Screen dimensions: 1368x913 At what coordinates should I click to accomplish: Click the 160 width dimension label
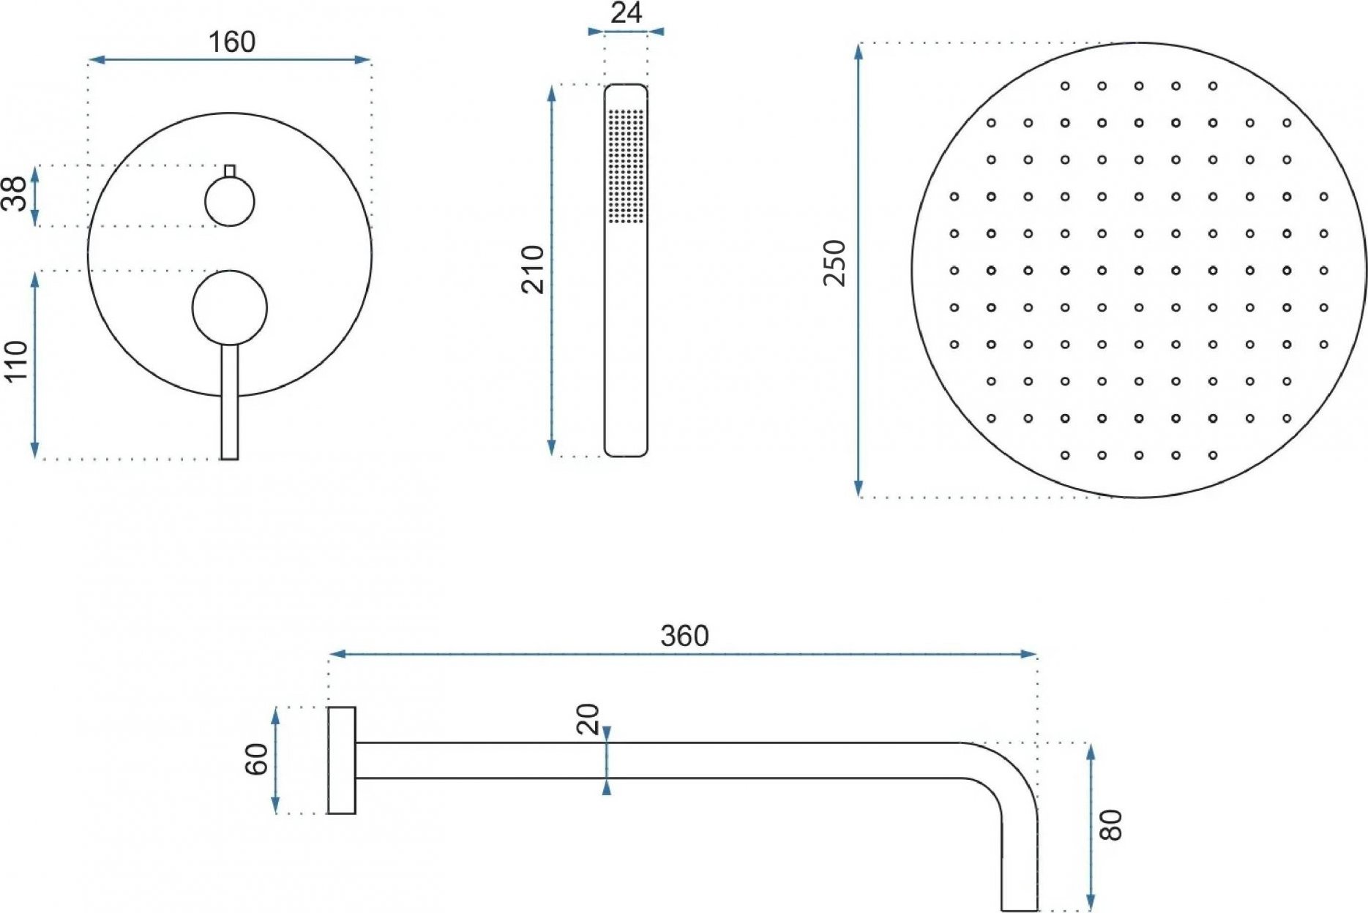(232, 42)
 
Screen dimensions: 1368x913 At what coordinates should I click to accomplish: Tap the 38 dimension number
(15, 193)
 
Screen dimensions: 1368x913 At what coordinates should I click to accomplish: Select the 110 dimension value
(16, 361)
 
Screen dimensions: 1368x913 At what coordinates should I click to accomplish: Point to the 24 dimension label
(627, 13)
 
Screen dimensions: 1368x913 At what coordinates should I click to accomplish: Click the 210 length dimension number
(533, 270)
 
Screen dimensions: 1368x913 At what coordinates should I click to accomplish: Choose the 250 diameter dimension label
(834, 263)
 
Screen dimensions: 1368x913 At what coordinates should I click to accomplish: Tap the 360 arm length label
(684, 636)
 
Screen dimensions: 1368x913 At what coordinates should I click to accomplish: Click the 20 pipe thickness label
(588, 719)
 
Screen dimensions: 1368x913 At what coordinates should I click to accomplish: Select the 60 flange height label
(256, 759)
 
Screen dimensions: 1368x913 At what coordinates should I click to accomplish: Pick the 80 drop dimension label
(1110, 825)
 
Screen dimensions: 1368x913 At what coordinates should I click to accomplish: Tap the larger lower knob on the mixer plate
(230, 307)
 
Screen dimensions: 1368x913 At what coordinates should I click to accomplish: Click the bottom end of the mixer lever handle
(230, 458)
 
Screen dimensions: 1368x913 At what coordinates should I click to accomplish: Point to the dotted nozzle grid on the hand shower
(627, 165)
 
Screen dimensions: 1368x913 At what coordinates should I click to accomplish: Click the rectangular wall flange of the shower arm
(342, 760)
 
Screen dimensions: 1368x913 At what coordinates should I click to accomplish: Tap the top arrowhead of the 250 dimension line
(859, 51)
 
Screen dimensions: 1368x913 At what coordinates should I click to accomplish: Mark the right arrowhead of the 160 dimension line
(363, 60)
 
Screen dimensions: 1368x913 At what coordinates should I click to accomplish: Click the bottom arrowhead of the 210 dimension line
(552, 448)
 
